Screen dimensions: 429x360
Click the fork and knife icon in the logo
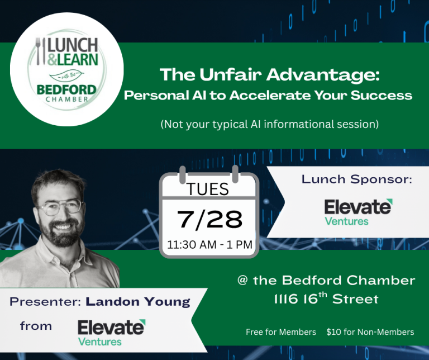40,51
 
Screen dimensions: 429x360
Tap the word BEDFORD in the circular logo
66,90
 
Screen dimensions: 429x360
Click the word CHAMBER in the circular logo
67,99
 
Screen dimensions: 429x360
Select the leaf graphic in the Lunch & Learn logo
66,75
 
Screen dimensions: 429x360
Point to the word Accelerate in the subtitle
270,95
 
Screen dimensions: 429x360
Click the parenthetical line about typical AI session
270,124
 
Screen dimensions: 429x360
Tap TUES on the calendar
208,189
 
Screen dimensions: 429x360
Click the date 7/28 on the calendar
209,219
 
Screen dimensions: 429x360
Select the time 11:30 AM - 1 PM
209,244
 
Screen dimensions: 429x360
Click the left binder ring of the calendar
183,174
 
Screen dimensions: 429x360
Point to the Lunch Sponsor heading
357,179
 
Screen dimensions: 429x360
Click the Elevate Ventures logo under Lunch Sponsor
359,212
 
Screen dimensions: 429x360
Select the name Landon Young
138,302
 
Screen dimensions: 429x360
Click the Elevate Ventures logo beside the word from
112,333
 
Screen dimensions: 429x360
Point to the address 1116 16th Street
326,299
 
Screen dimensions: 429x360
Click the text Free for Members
281,332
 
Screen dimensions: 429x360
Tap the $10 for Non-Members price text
370,332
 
